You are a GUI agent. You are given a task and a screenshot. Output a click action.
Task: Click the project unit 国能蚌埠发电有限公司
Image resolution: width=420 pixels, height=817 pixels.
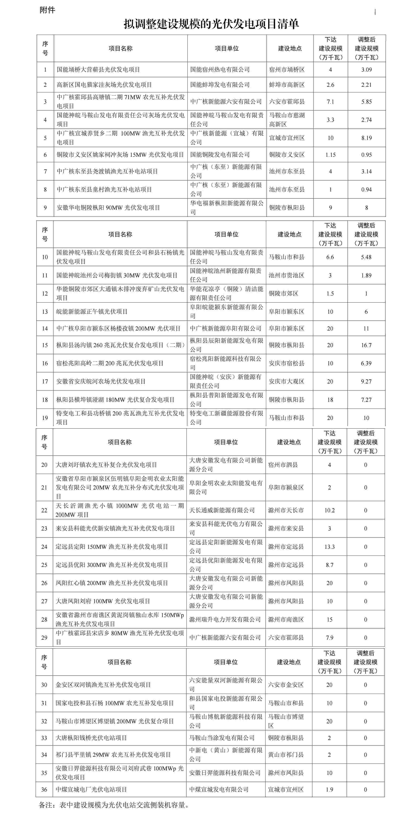220,85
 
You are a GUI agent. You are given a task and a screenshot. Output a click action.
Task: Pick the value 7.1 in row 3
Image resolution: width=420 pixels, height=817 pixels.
330,102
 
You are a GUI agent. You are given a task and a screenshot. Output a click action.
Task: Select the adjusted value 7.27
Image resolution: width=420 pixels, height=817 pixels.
366,400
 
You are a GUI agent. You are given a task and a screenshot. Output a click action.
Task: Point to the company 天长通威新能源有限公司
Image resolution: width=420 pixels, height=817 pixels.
222,510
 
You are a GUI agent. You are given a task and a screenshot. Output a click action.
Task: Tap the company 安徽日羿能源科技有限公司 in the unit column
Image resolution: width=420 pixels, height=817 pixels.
225,773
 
